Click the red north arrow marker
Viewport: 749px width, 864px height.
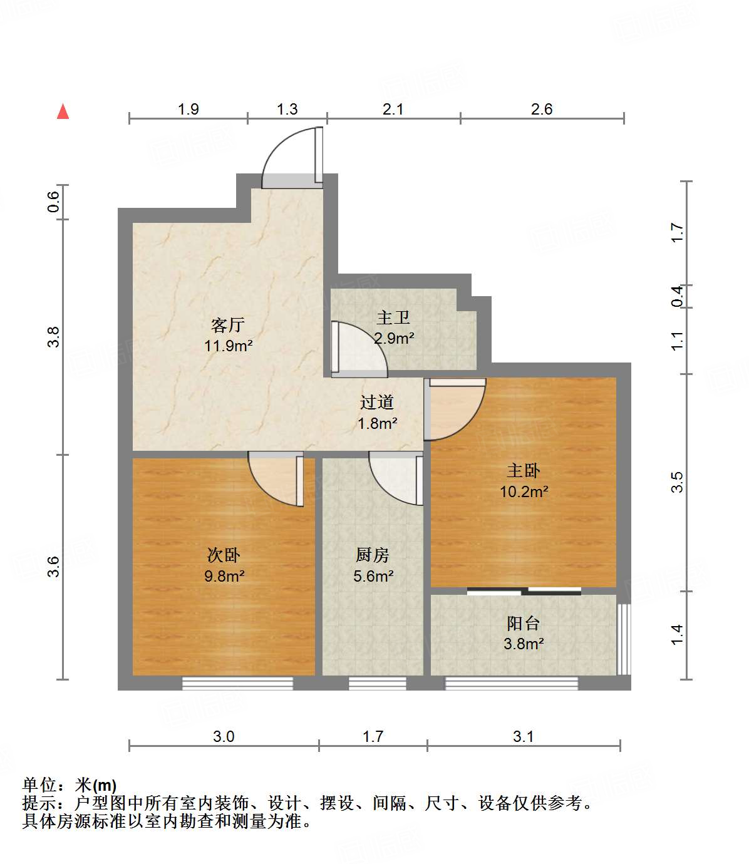[63, 111]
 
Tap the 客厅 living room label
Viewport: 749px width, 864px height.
[227, 325]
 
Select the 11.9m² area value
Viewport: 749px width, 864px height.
[228, 346]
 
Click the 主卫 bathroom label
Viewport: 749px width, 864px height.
[393, 318]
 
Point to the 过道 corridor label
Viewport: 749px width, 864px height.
[377, 402]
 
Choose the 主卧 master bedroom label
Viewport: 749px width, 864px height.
[524, 470]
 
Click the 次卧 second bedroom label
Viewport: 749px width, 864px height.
[224, 555]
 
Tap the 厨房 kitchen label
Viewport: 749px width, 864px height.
[373, 555]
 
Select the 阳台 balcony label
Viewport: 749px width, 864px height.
[523, 623]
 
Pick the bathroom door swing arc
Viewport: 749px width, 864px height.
[359, 350]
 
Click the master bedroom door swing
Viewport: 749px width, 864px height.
[456, 409]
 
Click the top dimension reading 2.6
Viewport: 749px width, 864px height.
[542, 110]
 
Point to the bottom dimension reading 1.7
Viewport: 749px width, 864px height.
[373, 736]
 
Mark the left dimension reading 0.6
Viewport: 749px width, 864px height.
[54, 202]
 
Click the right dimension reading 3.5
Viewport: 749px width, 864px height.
[677, 482]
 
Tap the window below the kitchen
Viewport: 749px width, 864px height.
[377, 683]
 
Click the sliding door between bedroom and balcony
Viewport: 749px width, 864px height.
[524, 590]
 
